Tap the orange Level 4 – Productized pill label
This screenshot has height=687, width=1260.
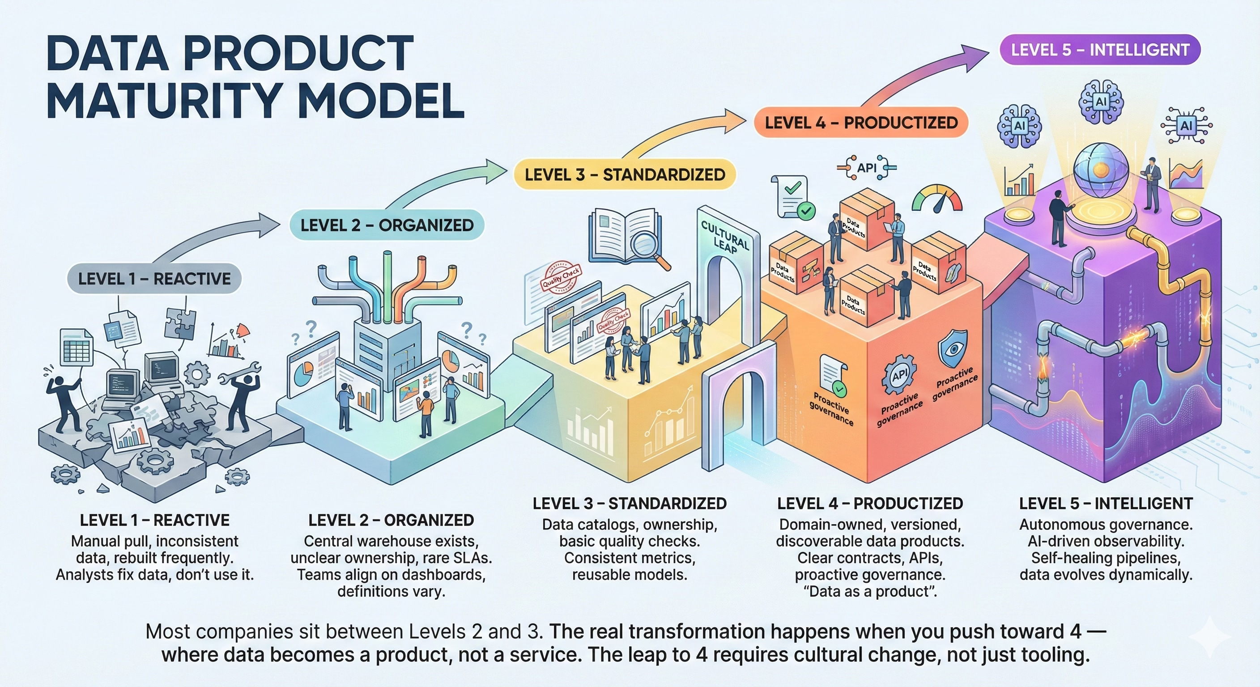click(x=861, y=122)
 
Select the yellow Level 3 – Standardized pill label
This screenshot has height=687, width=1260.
click(x=625, y=174)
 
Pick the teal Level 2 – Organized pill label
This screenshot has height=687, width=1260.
click(x=387, y=225)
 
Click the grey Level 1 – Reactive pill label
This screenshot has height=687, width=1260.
click(x=154, y=279)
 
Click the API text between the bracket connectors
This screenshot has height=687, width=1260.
click(x=867, y=168)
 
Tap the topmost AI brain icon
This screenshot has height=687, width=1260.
click(x=1101, y=102)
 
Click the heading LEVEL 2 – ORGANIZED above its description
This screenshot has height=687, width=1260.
click(x=391, y=520)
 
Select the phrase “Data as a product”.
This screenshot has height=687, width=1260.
click(x=870, y=592)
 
